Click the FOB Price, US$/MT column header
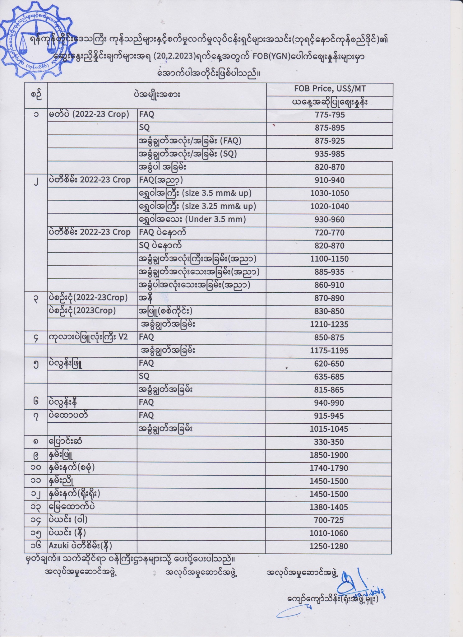(330, 89)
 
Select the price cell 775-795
(330, 115)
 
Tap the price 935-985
(330, 154)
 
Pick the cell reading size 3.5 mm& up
(195, 193)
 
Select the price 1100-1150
(330, 259)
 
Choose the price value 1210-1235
(329, 324)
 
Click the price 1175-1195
(329, 351)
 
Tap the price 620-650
(330, 364)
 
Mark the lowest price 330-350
(330, 442)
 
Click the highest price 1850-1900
(329, 455)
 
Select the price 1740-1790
(329, 468)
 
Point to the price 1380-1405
(329, 507)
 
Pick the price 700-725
(330, 520)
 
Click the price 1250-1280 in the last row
(329, 546)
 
